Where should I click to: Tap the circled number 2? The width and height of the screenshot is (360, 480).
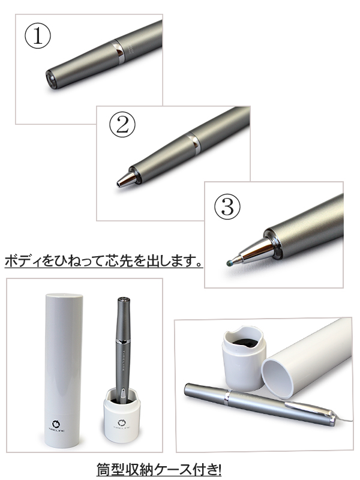[x=122, y=125]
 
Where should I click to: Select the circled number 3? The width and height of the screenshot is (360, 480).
[x=227, y=206]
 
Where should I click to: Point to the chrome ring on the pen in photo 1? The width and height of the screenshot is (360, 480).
[x=118, y=51]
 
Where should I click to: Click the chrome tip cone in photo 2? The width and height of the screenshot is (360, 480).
[x=127, y=179]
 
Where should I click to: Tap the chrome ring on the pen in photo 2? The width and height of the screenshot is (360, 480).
[x=194, y=142]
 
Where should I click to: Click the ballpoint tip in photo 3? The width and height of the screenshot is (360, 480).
[x=230, y=263]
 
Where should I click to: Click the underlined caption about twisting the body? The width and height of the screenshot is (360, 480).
[x=103, y=261]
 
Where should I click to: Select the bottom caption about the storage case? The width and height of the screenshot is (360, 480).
[x=159, y=469]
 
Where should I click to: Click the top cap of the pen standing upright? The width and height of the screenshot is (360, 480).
[x=124, y=301]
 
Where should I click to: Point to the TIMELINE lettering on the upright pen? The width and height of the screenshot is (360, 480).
[x=124, y=360]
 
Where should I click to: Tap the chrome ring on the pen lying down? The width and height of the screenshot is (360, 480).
[x=227, y=398]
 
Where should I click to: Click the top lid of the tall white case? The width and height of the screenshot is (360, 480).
[x=64, y=297]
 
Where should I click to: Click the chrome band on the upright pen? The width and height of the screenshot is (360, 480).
[x=124, y=341]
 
